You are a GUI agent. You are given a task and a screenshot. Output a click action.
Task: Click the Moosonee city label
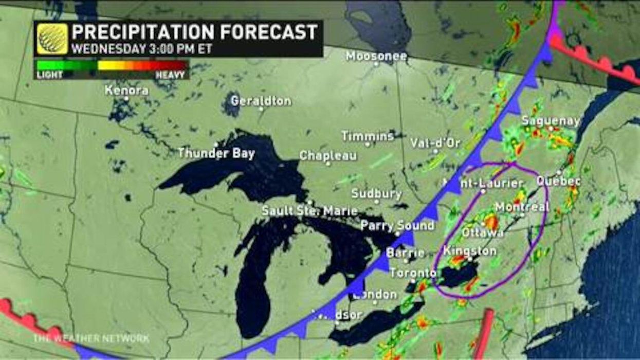click(x=376, y=56)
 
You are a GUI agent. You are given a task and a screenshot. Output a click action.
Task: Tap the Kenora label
click(x=126, y=90)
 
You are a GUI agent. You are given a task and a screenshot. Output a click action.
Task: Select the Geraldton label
click(x=261, y=101)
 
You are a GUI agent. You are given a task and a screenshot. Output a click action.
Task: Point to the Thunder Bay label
click(x=216, y=153)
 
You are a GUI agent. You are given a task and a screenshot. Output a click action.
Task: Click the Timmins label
click(x=368, y=136)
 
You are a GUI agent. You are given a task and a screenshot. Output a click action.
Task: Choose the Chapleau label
click(x=328, y=155)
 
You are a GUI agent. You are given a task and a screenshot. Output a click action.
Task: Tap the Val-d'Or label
click(x=435, y=143)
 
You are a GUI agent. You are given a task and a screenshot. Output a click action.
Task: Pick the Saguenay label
click(x=551, y=121)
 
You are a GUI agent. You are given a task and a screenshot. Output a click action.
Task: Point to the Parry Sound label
click(x=397, y=225)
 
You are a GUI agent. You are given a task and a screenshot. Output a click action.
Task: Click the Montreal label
click(x=522, y=207)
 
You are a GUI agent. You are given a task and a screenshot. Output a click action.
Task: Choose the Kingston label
click(x=469, y=251)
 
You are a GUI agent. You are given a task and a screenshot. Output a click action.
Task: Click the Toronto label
click(x=413, y=273)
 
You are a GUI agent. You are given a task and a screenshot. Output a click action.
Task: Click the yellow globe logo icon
click(x=52, y=39)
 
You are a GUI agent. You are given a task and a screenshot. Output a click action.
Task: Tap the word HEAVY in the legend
click(x=171, y=75)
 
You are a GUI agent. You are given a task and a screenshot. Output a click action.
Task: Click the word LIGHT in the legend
click(x=49, y=75)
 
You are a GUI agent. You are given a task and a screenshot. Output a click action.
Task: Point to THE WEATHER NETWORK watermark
click(x=92, y=338)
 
